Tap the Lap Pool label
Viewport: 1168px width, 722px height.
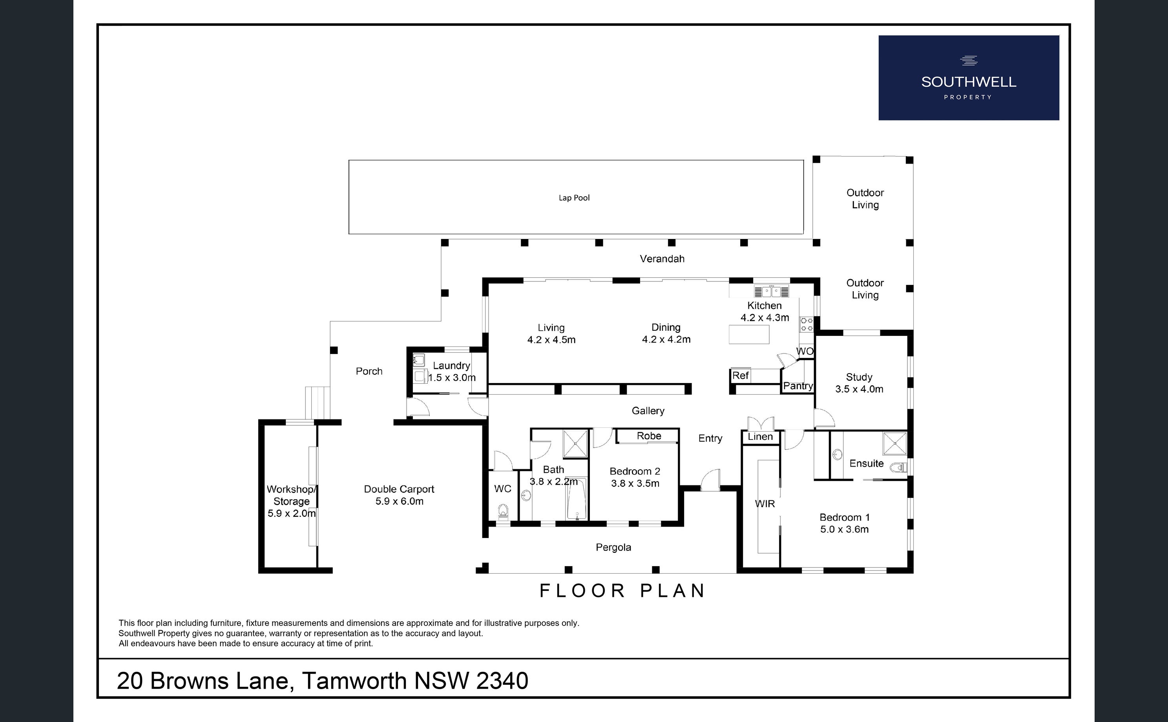pos(574,198)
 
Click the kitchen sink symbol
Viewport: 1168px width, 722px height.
pos(771,291)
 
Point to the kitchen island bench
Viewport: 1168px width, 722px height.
pos(749,334)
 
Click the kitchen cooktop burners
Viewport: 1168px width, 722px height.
pos(807,325)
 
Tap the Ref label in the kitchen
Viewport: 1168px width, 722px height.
pos(740,376)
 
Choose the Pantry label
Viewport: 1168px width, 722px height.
pos(798,386)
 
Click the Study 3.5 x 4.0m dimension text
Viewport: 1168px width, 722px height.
pos(859,389)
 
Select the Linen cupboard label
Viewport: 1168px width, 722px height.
pos(760,436)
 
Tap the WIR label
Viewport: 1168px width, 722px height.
pos(765,504)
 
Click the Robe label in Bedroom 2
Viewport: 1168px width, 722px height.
pos(649,436)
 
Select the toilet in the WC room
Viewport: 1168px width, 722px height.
pos(503,512)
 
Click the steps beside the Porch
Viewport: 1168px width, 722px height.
pos(318,403)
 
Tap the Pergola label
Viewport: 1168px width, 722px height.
pos(613,548)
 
